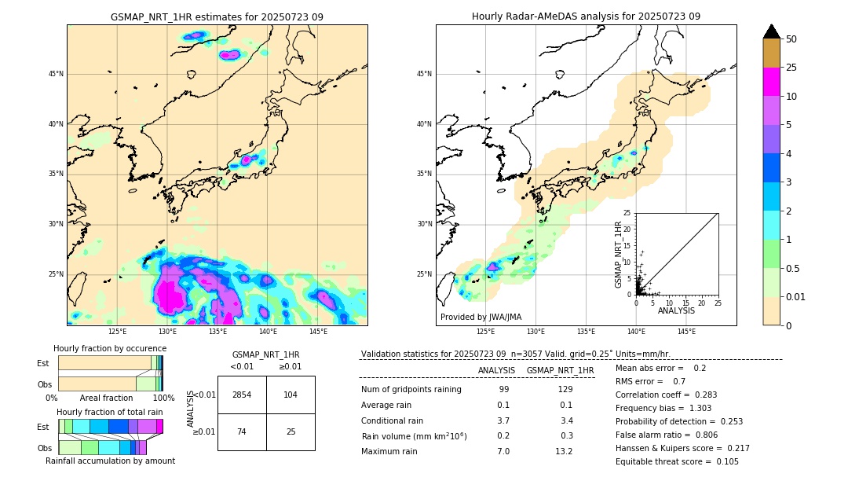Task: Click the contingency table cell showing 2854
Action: click(242, 395)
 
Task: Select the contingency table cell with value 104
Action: click(291, 395)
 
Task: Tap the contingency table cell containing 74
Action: click(242, 431)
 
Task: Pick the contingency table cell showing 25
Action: click(291, 431)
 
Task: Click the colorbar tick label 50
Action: click(791, 39)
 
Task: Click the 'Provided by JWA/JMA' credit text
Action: click(481, 317)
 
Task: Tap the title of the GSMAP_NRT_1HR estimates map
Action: click(217, 17)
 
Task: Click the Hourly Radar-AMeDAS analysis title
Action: click(586, 17)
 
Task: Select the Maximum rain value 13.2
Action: click(565, 451)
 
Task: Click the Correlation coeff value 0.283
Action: click(700, 395)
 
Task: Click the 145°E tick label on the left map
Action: click(318, 332)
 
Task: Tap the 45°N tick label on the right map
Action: click(424, 74)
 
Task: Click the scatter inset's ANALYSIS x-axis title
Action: click(676, 310)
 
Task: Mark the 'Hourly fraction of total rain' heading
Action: click(109, 412)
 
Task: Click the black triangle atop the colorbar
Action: click(772, 31)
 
